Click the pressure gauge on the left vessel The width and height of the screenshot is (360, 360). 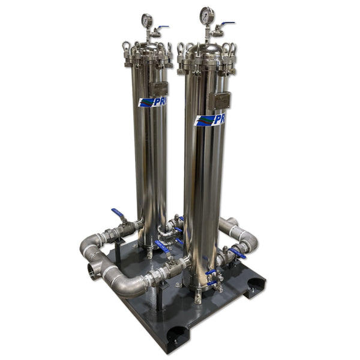[x=147, y=20]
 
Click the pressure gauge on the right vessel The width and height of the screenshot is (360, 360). [x=208, y=14]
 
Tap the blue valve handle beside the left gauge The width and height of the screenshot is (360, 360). [x=163, y=27]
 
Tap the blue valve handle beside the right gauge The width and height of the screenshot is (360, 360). [x=227, y=24]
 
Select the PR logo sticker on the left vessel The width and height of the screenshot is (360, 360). [x=152, y=102]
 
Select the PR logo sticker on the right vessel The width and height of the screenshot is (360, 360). [x=210, y=119]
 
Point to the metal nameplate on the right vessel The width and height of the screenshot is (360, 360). [x=221, y=100]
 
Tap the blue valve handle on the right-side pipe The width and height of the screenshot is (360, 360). [x=237, y=253]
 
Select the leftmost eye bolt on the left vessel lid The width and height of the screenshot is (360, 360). [x=126, y=46]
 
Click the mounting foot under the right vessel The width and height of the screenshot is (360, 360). [x=199, y=296]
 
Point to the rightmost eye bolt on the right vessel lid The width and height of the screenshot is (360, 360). [x=233, y=50]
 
